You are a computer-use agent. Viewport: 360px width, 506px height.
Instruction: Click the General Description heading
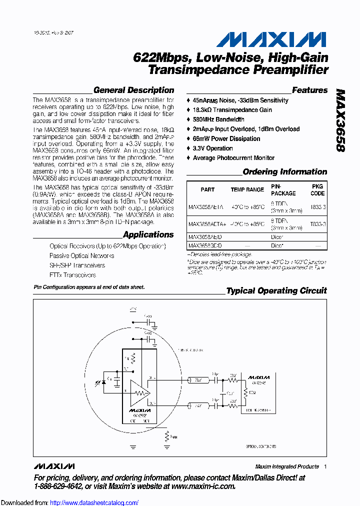pos(133,90)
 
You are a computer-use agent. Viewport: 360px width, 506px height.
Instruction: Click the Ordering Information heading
pos(284,172)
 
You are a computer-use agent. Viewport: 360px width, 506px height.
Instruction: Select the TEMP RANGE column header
pos(247,190)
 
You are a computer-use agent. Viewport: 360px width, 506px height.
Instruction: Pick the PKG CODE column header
pos(317,189)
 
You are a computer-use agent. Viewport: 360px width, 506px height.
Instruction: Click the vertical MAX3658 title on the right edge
pos(340,120)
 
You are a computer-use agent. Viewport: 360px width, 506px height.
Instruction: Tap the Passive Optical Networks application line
pos(81,256)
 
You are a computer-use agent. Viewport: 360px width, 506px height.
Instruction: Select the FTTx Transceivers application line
pos(72,275)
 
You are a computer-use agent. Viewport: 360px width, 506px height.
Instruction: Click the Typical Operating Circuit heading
pos(276,291)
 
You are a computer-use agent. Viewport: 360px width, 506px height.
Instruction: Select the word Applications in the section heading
pos(148,235)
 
